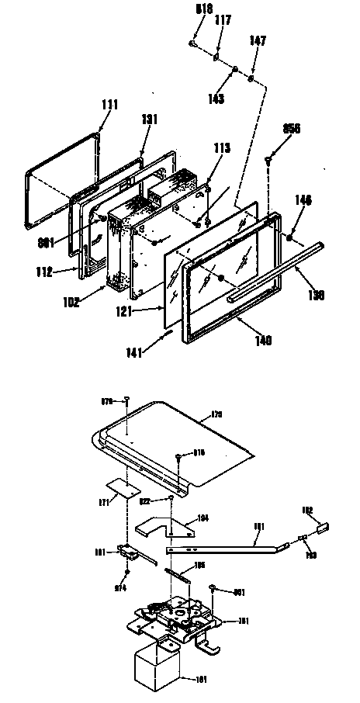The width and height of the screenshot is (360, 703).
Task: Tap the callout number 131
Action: click(149, 119)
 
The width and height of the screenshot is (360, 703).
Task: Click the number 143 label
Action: click(215, 99)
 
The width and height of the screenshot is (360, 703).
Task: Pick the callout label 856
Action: click(293, 130)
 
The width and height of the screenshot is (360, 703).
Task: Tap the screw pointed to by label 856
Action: click(270, 161)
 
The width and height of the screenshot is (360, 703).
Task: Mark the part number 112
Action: click(65, 272)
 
